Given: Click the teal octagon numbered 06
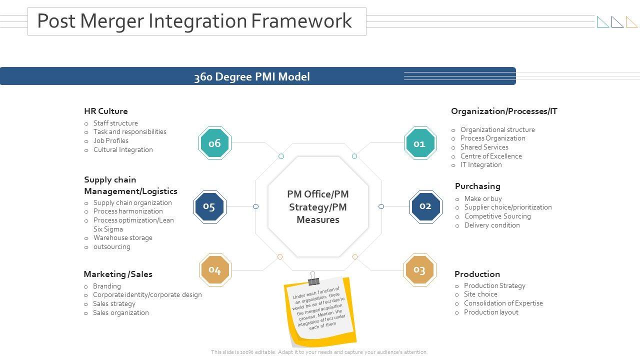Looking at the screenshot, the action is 215,143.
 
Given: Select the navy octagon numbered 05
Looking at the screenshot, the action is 209,206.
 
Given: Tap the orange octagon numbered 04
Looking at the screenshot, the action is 215,270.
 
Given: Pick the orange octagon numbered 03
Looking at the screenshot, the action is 419,270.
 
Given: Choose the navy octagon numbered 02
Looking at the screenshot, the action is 425,206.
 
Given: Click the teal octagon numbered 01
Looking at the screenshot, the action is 420,143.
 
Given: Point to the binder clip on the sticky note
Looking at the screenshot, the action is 313,277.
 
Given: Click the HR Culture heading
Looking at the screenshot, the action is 106,111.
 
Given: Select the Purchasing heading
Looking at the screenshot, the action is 477,186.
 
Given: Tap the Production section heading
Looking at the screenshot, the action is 477,274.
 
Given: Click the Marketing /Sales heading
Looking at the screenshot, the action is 118,274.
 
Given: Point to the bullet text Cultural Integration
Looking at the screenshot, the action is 123,149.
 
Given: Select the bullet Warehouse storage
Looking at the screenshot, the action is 123,238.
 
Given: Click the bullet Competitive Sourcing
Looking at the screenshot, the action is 497,216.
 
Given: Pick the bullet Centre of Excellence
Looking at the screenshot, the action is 491,156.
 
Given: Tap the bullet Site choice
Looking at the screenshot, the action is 480,294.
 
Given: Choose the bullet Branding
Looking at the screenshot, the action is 107,286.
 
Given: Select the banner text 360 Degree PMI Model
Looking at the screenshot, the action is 252,76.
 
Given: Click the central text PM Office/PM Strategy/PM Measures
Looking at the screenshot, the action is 318,207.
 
